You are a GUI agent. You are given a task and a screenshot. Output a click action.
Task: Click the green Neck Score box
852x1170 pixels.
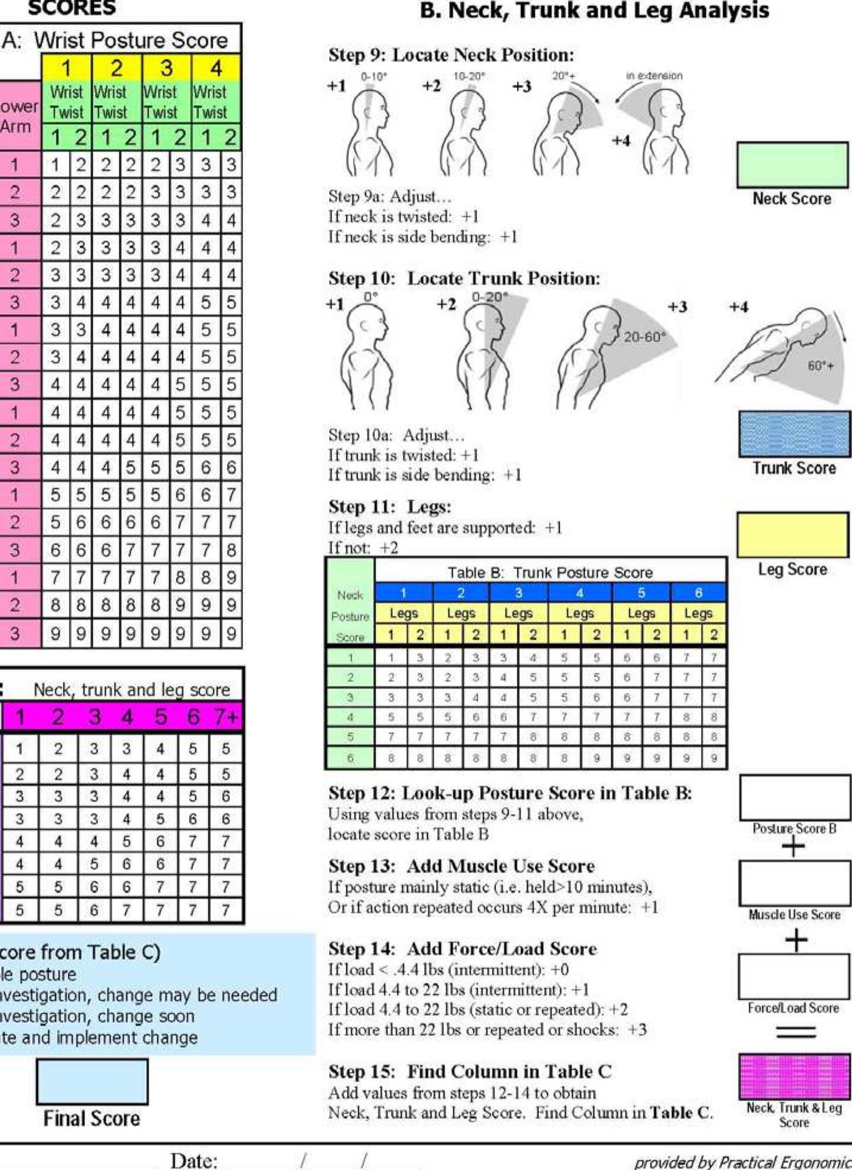(x=792, y=164)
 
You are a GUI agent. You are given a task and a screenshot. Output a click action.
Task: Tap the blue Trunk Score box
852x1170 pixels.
(x=794, y=433)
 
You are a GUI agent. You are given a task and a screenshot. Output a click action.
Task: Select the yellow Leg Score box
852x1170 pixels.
(x=792, y=534)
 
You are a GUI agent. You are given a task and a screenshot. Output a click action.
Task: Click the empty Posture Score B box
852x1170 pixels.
(x=794, y=797)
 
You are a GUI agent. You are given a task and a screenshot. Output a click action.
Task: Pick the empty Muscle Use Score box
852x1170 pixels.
(x=794, y=883)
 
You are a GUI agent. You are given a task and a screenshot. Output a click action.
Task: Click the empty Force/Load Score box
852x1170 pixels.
(x=794, y=976)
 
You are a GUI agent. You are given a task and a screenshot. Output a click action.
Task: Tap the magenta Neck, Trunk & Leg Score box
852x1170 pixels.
(x=794, y=1076)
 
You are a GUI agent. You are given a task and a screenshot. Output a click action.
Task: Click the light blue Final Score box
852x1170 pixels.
(x=92, y=1081)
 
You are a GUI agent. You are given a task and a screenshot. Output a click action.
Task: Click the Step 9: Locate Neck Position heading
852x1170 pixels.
(x=451, y=55)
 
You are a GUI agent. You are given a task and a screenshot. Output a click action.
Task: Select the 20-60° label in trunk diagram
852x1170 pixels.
(x=645, y=337)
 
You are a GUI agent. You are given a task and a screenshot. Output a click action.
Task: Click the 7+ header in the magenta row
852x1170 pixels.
(x=225, y=717)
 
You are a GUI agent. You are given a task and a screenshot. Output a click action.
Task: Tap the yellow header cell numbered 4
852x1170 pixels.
(x=216, y=68)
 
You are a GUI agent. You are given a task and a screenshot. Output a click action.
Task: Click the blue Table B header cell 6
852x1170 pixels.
(x=698, y=592)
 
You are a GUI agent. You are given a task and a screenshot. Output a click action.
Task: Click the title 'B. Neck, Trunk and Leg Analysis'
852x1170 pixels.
(x=594, y=11)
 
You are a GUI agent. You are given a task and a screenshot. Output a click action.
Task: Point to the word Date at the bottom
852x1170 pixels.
(x=194, y=1160)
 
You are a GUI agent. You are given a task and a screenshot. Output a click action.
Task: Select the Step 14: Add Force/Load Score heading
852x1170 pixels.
(x=462, y=949)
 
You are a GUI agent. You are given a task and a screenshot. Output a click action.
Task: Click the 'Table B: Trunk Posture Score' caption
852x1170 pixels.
(x=550, y=572)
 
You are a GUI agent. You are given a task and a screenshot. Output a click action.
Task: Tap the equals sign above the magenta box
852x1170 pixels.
(x=796, y=1032)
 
